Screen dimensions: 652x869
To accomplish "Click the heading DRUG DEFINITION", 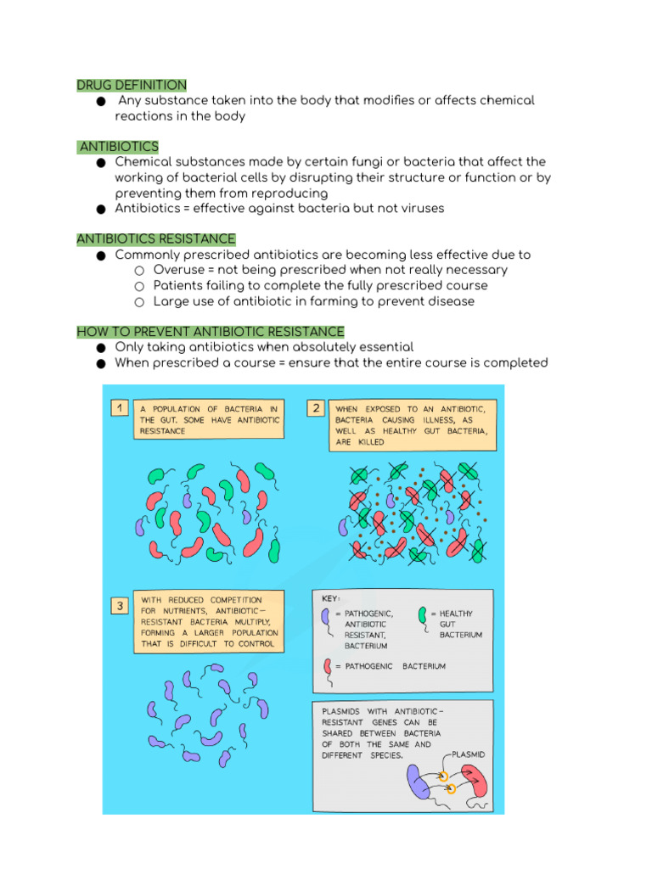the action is pos(132,85).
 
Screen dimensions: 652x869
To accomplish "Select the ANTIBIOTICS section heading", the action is pos(119,147).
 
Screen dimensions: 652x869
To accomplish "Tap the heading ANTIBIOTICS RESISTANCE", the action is pos(156,239).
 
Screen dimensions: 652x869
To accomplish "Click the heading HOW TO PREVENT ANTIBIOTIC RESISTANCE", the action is pos(211,332).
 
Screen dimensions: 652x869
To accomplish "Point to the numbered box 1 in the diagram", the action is pos(120,408).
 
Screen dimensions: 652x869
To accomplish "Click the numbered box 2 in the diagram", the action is pos(316,408).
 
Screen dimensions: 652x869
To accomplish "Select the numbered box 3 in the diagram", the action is pos(120,606).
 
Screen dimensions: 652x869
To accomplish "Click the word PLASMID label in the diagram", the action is pos(469,754).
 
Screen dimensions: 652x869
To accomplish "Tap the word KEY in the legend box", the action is pos(331,598).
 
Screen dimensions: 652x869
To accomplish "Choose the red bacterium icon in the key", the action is pos(327,668).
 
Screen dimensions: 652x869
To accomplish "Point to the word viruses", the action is pos(420,208).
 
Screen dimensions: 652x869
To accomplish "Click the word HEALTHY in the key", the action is pos(456,614).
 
